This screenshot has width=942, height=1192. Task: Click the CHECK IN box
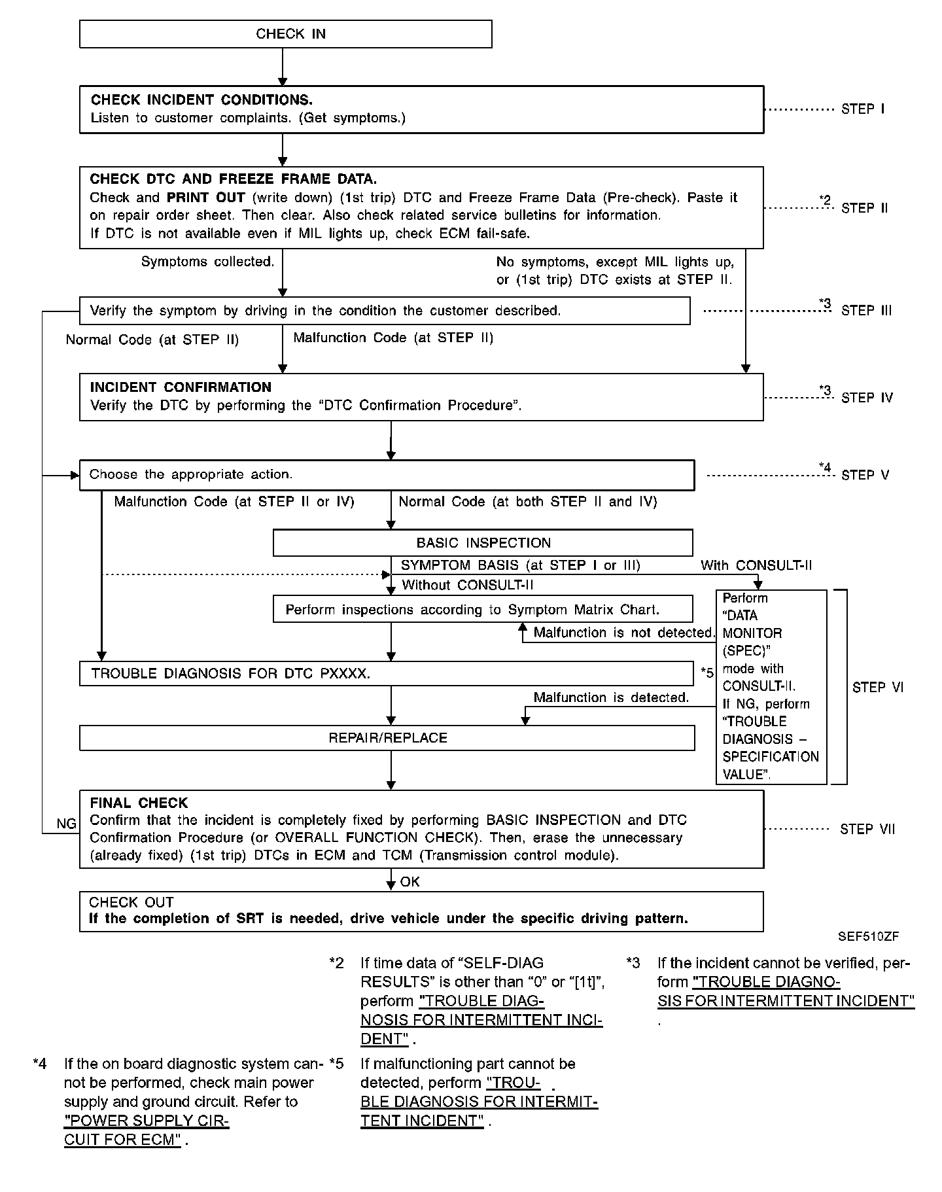tap(285, 34)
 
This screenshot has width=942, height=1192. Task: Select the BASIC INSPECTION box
tap(483, 543)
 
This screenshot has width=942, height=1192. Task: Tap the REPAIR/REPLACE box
tap(387, 738)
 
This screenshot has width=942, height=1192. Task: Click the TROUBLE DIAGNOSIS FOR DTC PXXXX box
tap(386, 674)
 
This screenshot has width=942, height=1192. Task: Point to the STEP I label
tap(863, 109)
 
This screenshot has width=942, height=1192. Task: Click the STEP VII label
tap(867, 830)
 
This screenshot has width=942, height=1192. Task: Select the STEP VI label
tap(877, 687)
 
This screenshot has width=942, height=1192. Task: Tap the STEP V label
tap(865, 475)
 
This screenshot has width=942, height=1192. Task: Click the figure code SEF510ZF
tap(868, 936)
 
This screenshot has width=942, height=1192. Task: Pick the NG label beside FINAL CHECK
tap(67, 824)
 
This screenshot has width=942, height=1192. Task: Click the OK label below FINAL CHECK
tap(410, 882)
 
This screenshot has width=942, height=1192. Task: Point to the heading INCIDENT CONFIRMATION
tap(181, 387)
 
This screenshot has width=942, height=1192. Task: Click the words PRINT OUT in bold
tap(205, 198)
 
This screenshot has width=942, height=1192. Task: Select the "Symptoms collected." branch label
tap(207, 262)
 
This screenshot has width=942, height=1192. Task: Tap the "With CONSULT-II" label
tap(756, 565)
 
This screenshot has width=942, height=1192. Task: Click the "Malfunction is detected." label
tap(611, 697)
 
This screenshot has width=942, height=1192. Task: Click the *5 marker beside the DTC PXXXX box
tap(706, 673)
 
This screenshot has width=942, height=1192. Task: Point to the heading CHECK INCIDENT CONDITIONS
tap(201, 100)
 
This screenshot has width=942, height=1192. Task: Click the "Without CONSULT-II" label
tap(467, 585)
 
